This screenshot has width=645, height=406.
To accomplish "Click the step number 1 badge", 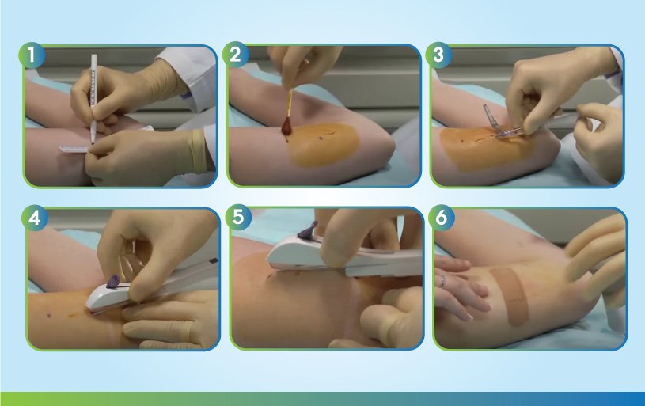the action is click(32, 55).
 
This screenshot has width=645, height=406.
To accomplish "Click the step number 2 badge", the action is click(235, 55).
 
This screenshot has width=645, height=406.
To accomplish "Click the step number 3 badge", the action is click(438, 55).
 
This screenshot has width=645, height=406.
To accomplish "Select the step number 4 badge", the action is click(35, 218).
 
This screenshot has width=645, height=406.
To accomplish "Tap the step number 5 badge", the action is click(238, 217).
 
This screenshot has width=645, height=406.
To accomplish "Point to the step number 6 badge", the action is click(442, 217).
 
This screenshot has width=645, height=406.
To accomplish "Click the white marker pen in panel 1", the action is click(93, 99).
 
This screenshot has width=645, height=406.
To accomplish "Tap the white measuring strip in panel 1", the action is click(74, 149).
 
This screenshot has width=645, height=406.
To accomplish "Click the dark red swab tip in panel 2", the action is click(286, 126).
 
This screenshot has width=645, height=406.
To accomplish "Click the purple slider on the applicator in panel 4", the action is click(113, 282).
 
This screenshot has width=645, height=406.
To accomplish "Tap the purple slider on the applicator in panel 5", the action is click(308, 231).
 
